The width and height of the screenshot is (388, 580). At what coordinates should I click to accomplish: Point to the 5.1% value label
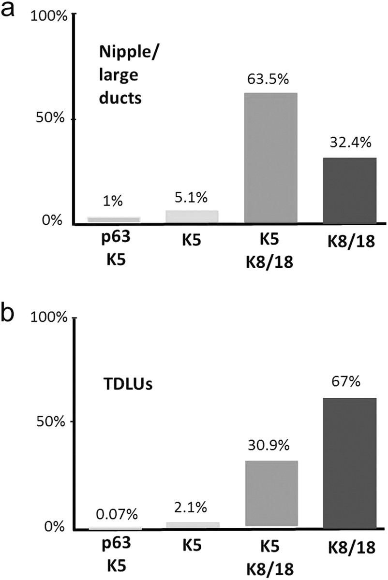pos(193,197)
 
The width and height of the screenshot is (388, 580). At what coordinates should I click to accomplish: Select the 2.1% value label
pos(193,507)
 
